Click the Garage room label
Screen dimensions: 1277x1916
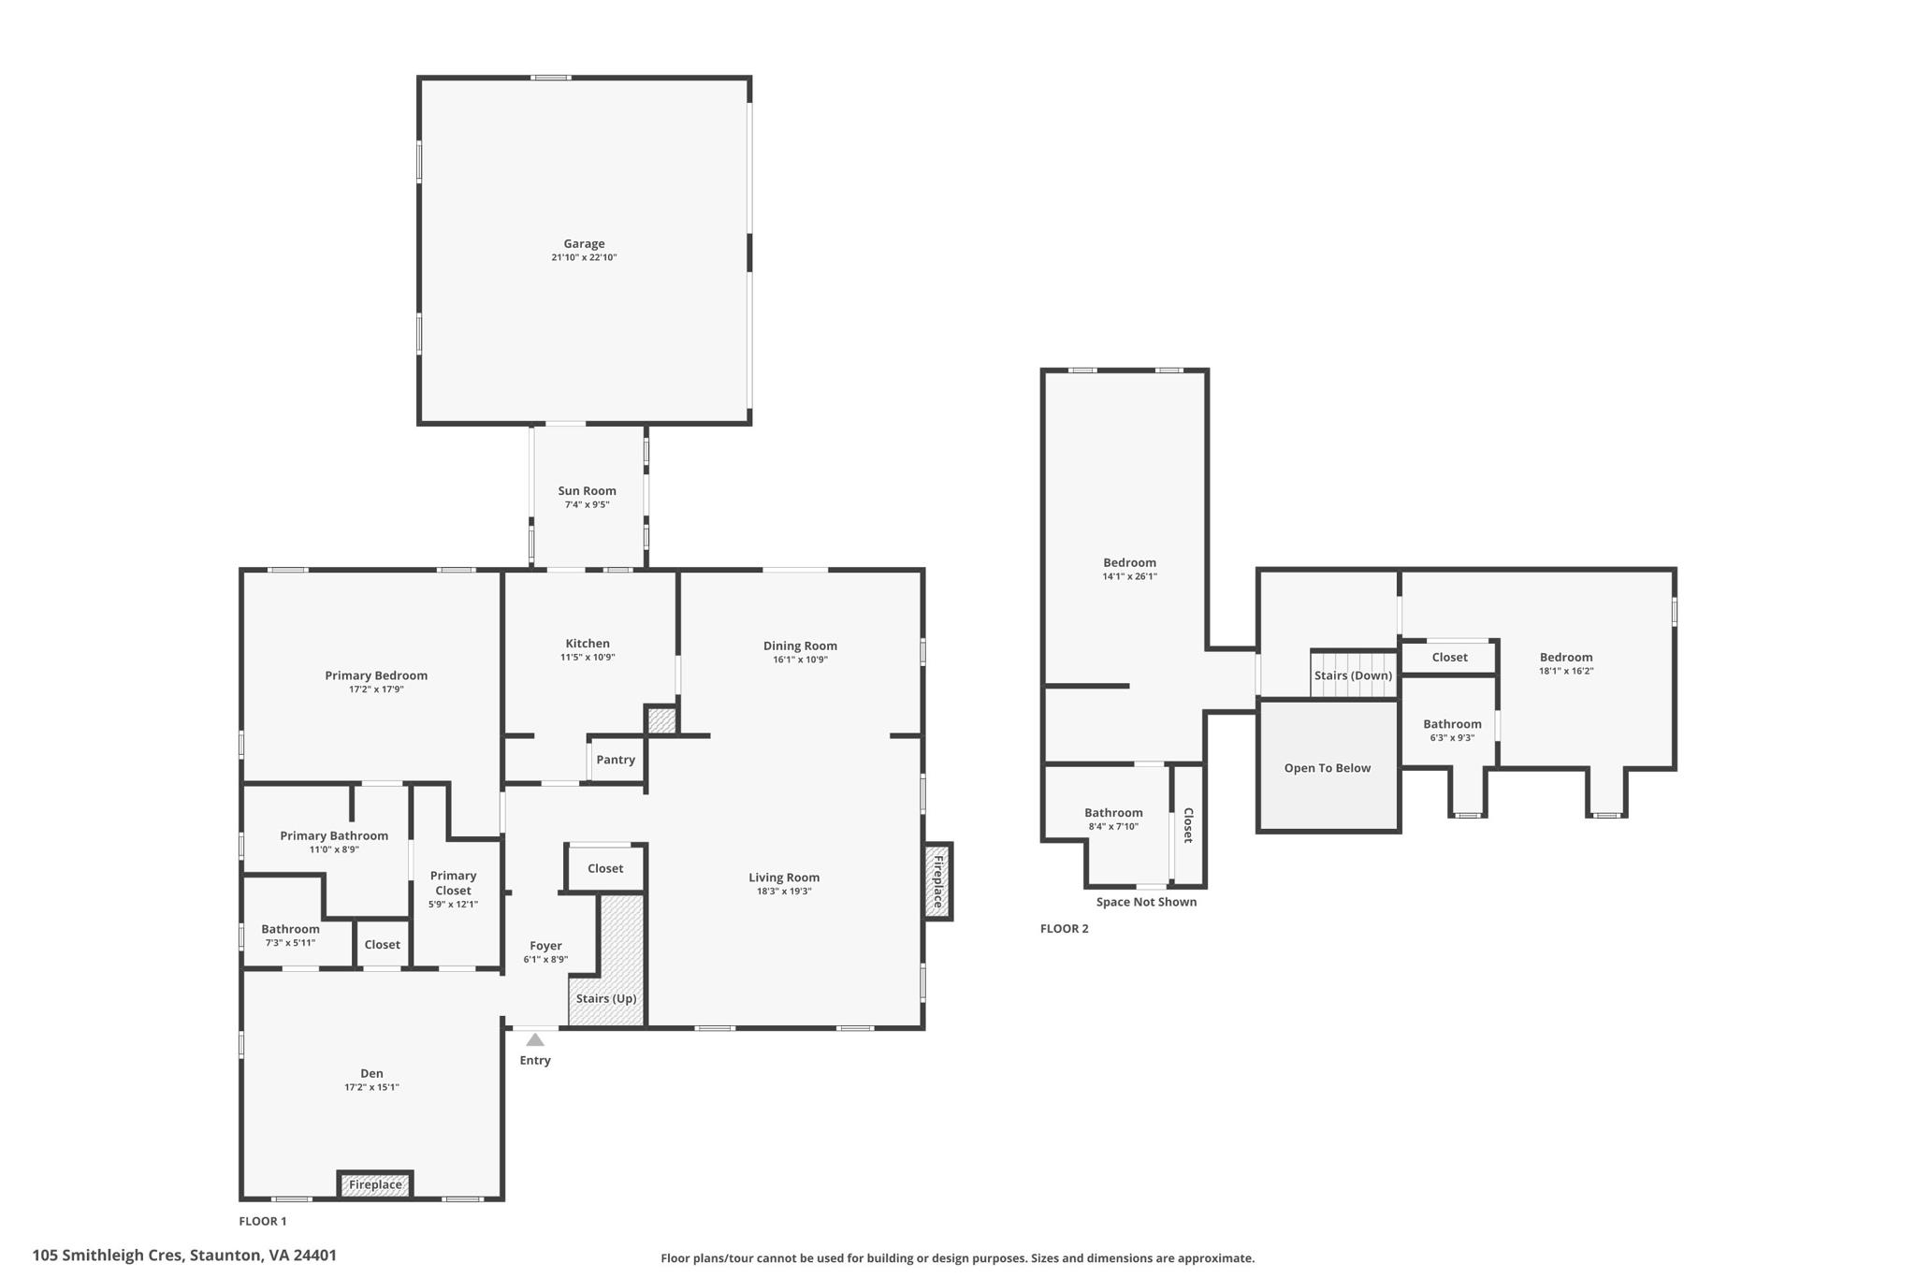coord(584,243)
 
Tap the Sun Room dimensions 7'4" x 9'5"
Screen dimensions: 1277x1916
coord(587,505)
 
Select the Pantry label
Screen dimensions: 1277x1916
coord(616,760)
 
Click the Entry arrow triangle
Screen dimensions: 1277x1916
coord(535,1039)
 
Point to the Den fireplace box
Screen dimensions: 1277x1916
coord(375,1184)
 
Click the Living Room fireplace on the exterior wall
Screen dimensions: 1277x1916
coord(937,881)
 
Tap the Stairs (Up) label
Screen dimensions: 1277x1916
coord(606,998)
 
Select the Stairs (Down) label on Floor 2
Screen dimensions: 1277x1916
coord(1353,675)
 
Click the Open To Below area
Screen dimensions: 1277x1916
coord(1327,768)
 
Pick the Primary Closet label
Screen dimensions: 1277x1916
coord(453,883)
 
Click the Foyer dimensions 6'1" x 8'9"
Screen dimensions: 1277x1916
coord(545,960)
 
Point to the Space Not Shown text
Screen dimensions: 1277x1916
coord(1146,902)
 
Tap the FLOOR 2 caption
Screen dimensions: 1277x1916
coord(1064,929)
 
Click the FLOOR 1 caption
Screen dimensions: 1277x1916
coord(262,1221)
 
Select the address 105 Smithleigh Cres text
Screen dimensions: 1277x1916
coord(184,1255)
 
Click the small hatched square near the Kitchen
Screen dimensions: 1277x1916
coord(660,720)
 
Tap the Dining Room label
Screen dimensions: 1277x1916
coord(800,646)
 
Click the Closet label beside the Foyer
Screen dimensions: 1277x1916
coord(605,868)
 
